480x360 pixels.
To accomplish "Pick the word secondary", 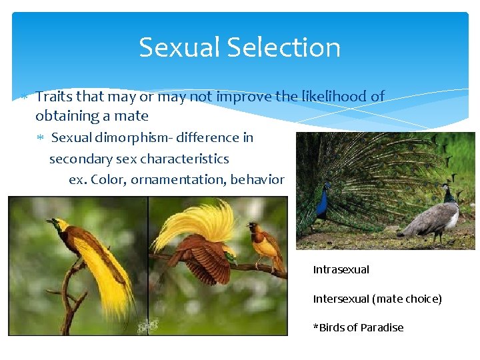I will [x=82, y=159].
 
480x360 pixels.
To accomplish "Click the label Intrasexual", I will [x=341, y=270].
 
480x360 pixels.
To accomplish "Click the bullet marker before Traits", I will [x=23, y=97].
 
